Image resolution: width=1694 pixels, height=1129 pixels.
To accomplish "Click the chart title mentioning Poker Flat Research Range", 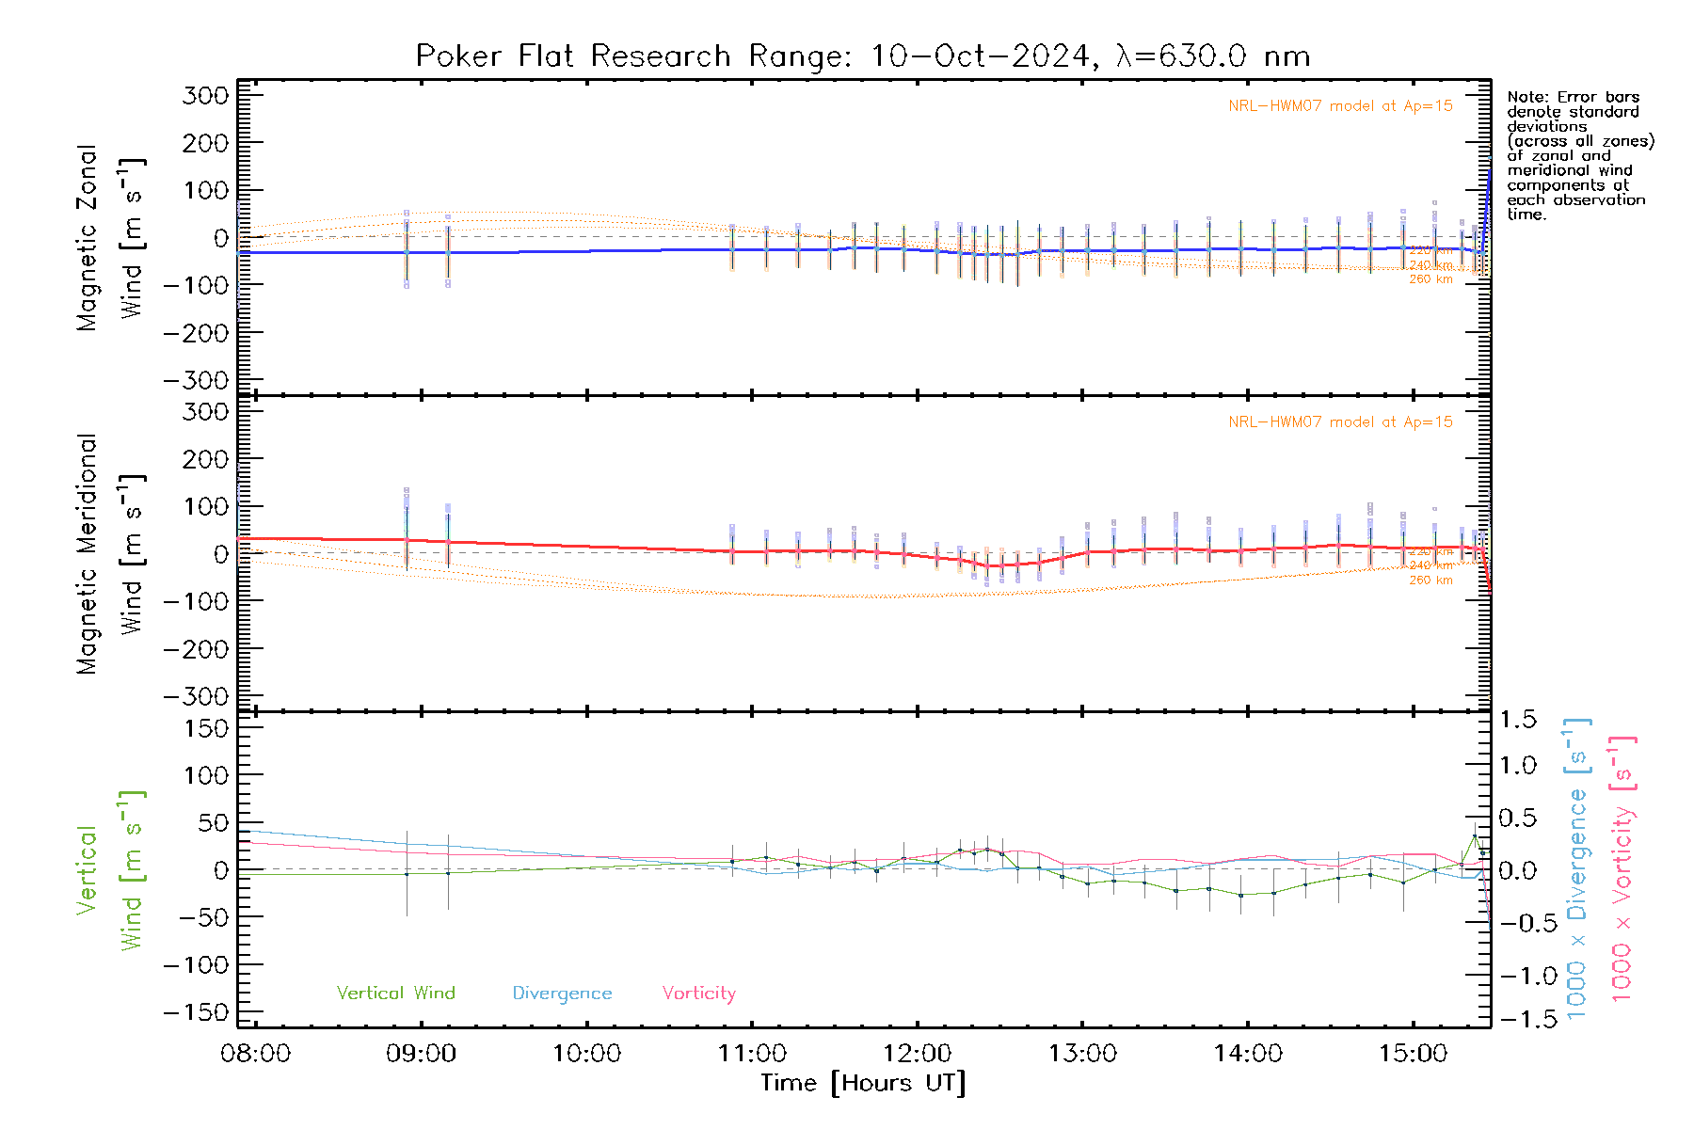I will tap(863, 56).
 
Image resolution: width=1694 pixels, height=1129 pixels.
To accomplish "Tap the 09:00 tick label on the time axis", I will tap(421, 1054).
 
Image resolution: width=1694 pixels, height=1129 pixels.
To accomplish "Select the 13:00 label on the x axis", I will tap(1082, 1054).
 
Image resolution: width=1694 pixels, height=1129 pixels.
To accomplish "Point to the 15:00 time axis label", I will tap(1413, 1054).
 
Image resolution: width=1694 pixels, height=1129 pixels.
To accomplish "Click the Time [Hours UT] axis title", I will tap(863, 1083).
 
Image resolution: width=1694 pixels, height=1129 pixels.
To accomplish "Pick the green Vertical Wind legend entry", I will tap(395, 993).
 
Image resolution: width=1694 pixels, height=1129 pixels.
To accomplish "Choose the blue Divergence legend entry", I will tap(562, 993).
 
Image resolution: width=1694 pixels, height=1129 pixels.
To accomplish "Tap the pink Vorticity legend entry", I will tap(698, 993).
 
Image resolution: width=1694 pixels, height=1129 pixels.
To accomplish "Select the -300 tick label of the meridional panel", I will tap(197, 696).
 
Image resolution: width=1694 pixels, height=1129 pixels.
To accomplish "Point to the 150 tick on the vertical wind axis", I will tap(206, 728).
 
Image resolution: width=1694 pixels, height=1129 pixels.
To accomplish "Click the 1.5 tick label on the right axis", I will tap(1518, 720).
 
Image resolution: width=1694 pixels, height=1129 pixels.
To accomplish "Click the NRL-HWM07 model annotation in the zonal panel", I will tap(1340, 106).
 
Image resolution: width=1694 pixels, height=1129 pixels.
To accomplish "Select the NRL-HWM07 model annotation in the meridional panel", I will tap(1340, 422).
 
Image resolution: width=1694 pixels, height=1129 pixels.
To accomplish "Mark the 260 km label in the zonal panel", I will tap(1430, 279).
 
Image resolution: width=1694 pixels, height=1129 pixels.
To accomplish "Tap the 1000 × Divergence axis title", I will tap(1576, 868).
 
